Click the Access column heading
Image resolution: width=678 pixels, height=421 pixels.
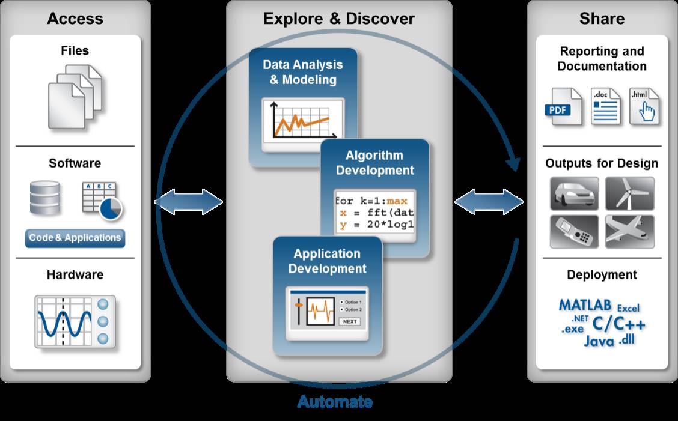click(75, 19)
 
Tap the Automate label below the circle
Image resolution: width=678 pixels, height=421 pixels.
click(335, 402)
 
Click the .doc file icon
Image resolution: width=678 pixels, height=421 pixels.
click(605, 106)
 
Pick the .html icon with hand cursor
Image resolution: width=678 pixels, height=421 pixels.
click(644, 106)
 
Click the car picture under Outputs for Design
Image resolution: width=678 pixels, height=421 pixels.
click(575, 193)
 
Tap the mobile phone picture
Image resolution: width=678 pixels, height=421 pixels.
click(575, 231)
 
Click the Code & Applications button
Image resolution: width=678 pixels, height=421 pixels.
click(75, 238)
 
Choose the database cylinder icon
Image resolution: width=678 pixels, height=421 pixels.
click(45, 198)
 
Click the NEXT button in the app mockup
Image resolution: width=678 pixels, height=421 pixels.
click(349, 321)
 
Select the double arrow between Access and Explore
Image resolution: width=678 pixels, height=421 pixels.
click(189, 202)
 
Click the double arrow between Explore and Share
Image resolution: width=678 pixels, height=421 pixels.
click(489, 202)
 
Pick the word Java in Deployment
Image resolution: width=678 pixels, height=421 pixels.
click(599, 341)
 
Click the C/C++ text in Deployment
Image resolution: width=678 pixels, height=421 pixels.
click(618, 324)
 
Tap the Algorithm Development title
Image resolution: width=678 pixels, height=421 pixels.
click(374, 163)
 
